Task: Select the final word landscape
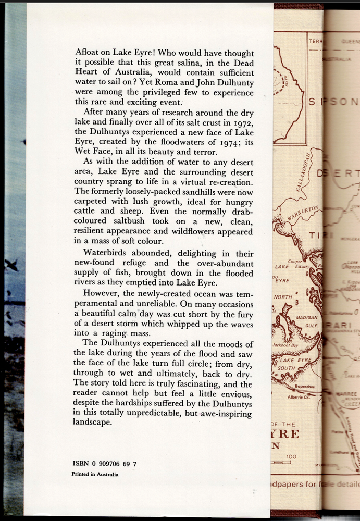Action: tap(93, 421)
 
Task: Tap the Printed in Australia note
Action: tap(95, 474)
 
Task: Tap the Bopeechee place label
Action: tap(303, 387)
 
